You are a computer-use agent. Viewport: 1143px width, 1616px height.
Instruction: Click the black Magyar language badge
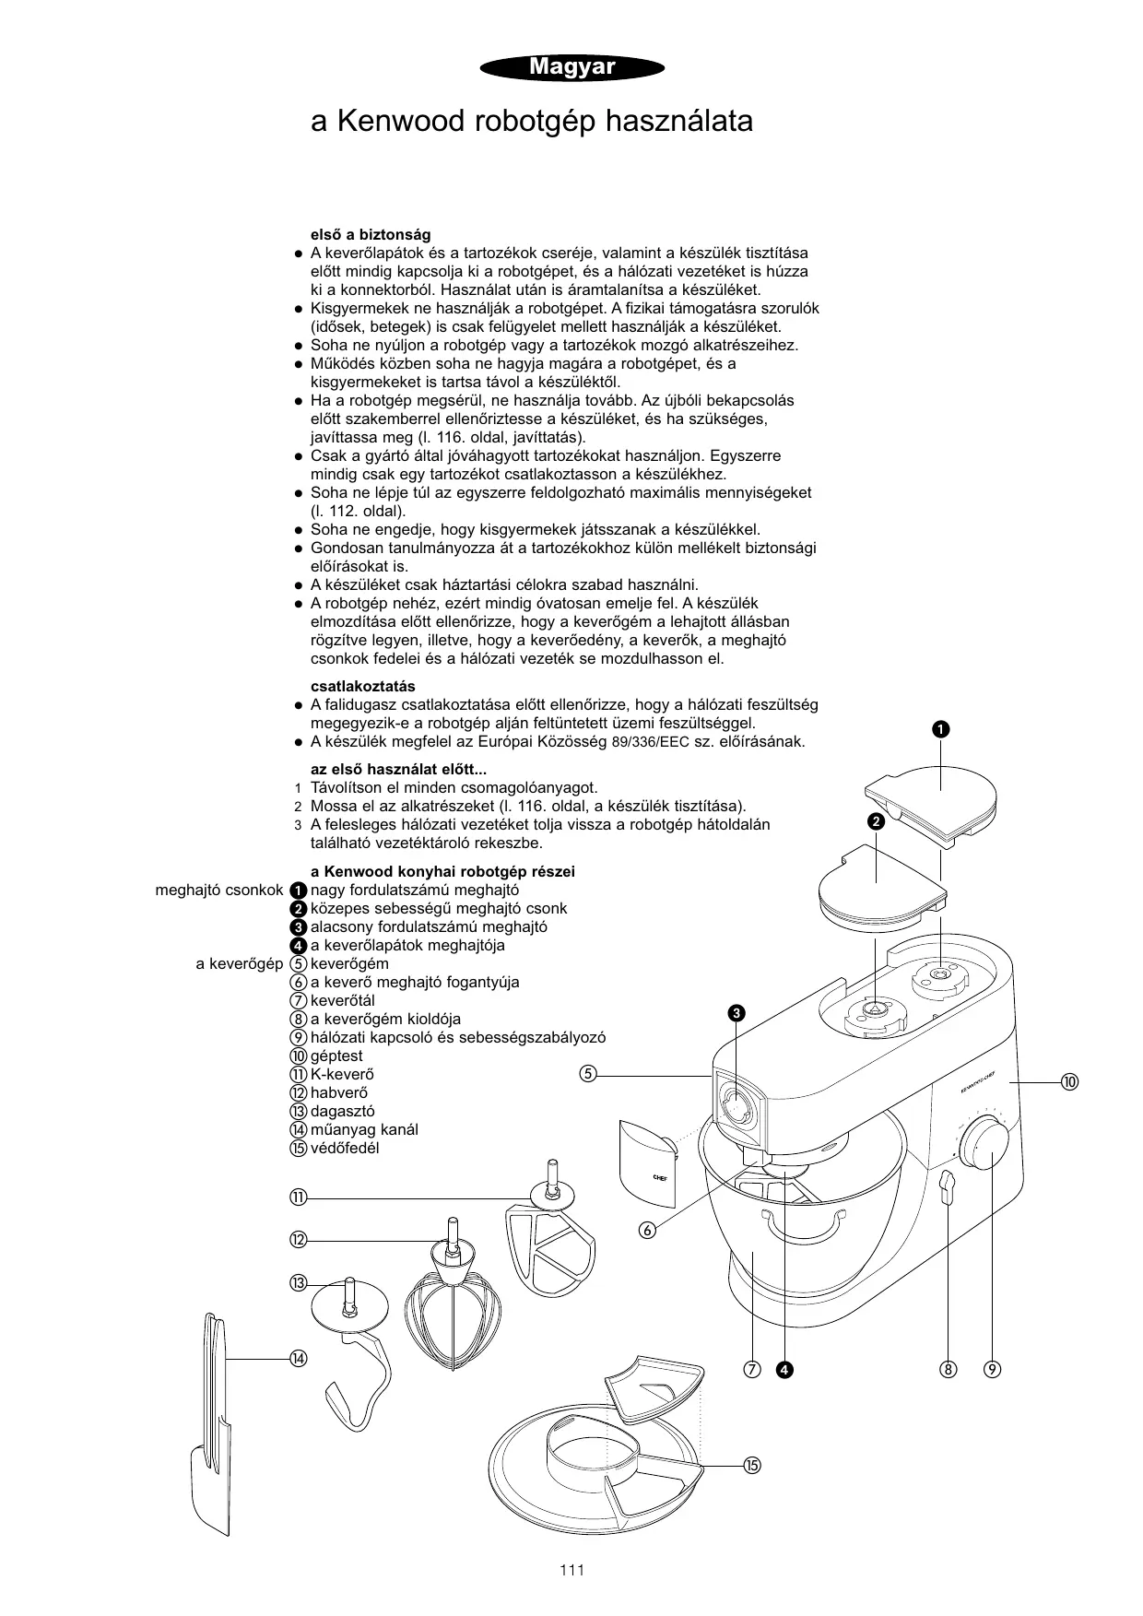click(x=571, y=67)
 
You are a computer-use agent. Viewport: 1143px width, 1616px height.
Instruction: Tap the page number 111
click(x=571, y=1570)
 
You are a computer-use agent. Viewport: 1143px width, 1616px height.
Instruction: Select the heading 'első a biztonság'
click(x=371, y=235)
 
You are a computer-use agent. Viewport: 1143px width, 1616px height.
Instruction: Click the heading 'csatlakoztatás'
click(x=363, y=686)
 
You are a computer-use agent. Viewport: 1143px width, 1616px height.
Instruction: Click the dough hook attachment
click(x=355, y=1346)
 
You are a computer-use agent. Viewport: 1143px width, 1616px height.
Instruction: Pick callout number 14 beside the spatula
click(x=297, y=1358)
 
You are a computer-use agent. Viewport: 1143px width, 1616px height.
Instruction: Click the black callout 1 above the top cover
click(x=939, y=729)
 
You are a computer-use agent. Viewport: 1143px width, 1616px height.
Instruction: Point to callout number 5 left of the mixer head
click(x=588, y=1073)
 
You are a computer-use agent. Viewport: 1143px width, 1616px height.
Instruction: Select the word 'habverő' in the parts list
click(x=339, y=1092)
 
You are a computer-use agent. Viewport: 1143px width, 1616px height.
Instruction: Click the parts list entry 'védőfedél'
click(x=345, y=1148)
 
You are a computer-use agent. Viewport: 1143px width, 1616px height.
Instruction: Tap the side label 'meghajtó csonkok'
click(x=219, y=890)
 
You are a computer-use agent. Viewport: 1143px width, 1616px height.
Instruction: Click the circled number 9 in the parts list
click(x=298, y=1037)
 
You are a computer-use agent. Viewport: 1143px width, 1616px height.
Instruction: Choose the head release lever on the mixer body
click(x=945, y=1189)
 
